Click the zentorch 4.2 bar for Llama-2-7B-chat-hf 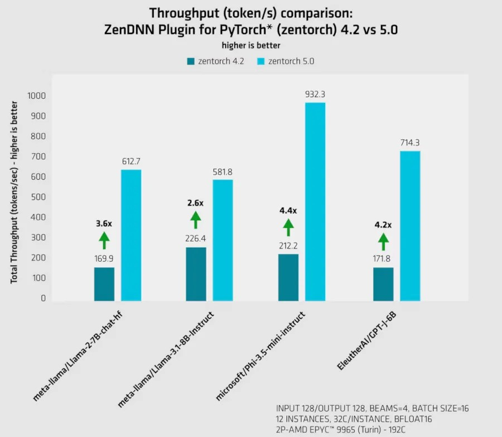pyautogui.click(x=104, y=284)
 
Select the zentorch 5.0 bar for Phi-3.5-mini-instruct pyautogui.click(x=315, y=202)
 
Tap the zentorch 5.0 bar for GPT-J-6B pyautogui.click(x=410, y=225)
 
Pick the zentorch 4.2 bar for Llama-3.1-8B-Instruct pyautogui.click(x=196, y=274)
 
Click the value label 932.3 pyautogui.click(x=315, y=94)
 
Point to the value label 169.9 pyautogui.click(x=104, y=258)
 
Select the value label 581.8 pyautogui.click(x=223, y=171)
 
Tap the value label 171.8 pyautogui.click(x=383, y=258)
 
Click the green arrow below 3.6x pyautogui.click(x=104, y=240)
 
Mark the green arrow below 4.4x pyautogui.click(x=288, y=227)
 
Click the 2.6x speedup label pyautogui.click(x=196, y=203)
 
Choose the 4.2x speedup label pyautogui.click(x=383, y=225)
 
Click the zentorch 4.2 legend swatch pyautogui.click(x=191, y=61)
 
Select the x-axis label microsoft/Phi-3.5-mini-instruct pyautogui.click(x=261, y=356)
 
